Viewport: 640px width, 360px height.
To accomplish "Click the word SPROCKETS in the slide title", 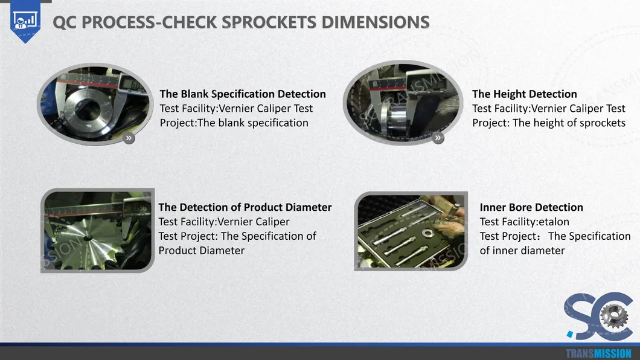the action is coord(269,22).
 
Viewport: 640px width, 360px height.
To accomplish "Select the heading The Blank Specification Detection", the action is coord(243,94).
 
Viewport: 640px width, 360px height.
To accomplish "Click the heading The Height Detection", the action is coord(525,94).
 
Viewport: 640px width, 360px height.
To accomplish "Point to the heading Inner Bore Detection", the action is coord(531,207).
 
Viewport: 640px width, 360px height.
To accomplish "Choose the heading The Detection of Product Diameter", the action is coord(245,207).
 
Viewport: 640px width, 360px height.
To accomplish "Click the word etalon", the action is coord(554,222).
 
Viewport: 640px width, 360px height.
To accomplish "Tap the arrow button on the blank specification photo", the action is coord(129,138).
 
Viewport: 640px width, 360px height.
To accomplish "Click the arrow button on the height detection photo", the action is coord(438,138).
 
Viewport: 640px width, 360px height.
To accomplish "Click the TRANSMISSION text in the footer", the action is coord(598,353).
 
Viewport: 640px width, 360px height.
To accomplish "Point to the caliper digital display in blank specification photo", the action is coord(132,85).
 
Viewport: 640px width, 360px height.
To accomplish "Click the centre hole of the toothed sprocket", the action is coord(88,238).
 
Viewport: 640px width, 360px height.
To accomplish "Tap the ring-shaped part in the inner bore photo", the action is coord(428,233).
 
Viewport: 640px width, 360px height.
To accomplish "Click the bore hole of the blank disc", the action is coord(88,110).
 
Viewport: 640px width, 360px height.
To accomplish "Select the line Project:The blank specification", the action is coord(234,123).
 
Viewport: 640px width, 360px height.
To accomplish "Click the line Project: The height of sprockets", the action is coord(549,123).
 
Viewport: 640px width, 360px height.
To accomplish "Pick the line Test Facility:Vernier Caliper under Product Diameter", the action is coord(223,222).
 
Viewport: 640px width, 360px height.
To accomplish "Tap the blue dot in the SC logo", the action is coord(570,335).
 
